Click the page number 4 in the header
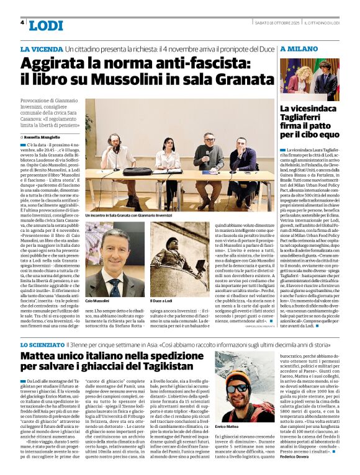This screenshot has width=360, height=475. tap(22, 22)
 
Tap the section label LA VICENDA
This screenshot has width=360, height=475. tap(41, 49)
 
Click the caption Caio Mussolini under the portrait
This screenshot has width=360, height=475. tap(97, 300)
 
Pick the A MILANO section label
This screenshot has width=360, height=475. tap(299, 49)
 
